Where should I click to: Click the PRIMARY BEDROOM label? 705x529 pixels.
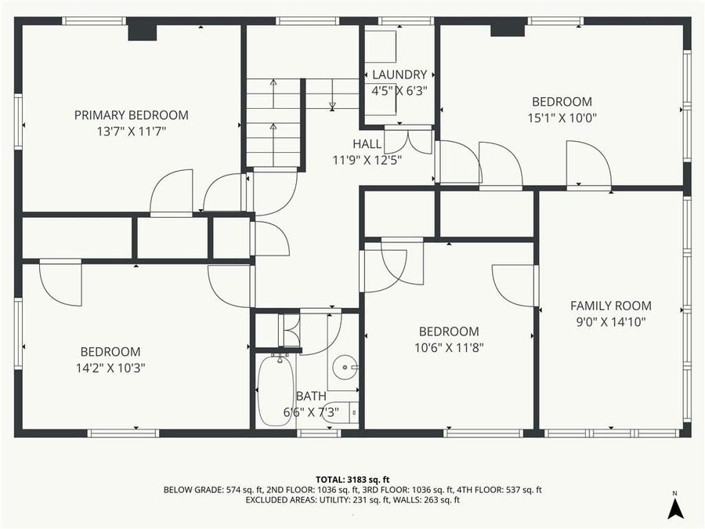pos(131,115)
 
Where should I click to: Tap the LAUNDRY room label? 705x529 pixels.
pos(399,75)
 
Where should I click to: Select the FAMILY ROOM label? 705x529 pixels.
pos(610,306)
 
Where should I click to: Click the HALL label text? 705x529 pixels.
pos(367,144)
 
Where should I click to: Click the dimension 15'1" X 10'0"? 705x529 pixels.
pos(562,118)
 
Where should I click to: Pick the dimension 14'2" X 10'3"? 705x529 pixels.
pos(110,367)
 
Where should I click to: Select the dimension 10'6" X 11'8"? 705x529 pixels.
pos(448,346)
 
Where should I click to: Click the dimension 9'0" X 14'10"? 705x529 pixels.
pos(610,321)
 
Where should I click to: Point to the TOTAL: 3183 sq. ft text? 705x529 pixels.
pos(352,478)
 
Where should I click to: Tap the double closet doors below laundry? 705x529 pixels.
pos(408,140)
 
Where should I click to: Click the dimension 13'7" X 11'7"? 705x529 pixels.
pos(131,131)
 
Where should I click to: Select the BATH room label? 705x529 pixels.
pos(310,397)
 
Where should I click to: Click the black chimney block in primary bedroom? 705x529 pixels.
pos(142,29)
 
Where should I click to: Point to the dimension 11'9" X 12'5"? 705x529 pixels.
pos(367,160)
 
